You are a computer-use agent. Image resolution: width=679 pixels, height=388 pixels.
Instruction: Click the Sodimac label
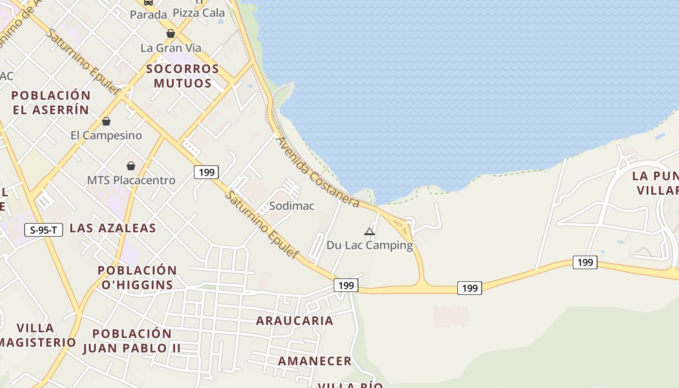291,206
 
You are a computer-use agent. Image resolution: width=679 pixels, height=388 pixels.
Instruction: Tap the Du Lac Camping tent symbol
370,232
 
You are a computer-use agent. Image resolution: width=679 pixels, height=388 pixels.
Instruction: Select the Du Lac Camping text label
370,245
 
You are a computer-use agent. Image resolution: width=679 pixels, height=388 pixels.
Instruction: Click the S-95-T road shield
44,230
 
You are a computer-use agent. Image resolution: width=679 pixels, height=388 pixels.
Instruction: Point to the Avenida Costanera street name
318,172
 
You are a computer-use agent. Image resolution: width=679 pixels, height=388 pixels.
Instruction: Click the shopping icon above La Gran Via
171,34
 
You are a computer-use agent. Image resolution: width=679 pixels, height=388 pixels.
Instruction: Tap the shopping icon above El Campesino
106,121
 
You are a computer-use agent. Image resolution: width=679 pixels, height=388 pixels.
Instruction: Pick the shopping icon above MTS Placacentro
131,166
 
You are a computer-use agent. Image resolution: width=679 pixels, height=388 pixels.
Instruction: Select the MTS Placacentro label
131,180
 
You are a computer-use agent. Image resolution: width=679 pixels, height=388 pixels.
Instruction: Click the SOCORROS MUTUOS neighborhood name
183,76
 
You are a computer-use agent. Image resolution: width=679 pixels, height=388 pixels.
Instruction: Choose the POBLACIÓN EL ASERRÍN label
51,102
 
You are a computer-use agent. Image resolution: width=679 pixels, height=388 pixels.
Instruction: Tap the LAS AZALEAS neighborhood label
113,228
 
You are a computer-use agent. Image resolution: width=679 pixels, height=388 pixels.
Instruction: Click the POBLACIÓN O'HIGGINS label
137,277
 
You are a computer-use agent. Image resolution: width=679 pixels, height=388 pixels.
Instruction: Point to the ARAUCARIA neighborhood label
294,321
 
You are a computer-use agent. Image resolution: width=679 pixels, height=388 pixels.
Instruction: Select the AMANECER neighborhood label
314,361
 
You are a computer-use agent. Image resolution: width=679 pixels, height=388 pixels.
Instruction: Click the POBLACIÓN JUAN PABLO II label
132,341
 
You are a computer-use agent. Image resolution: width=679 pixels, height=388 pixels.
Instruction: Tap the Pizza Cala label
199,13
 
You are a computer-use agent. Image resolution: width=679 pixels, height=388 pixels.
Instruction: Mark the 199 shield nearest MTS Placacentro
206,172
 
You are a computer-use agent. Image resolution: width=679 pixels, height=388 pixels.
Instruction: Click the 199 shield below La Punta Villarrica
584,262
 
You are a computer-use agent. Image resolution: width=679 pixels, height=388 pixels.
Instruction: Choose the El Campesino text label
106,135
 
